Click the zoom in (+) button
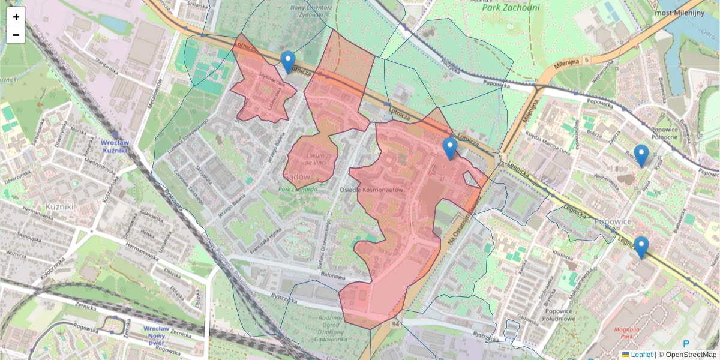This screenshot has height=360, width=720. point(16,17)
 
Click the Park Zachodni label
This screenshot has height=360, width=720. point(511,8)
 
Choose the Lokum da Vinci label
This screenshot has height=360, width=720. point(315,160)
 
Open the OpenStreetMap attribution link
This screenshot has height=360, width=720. point(690,355)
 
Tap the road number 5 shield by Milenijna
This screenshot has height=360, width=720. point(587,60)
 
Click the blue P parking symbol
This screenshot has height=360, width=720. point(686,344)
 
